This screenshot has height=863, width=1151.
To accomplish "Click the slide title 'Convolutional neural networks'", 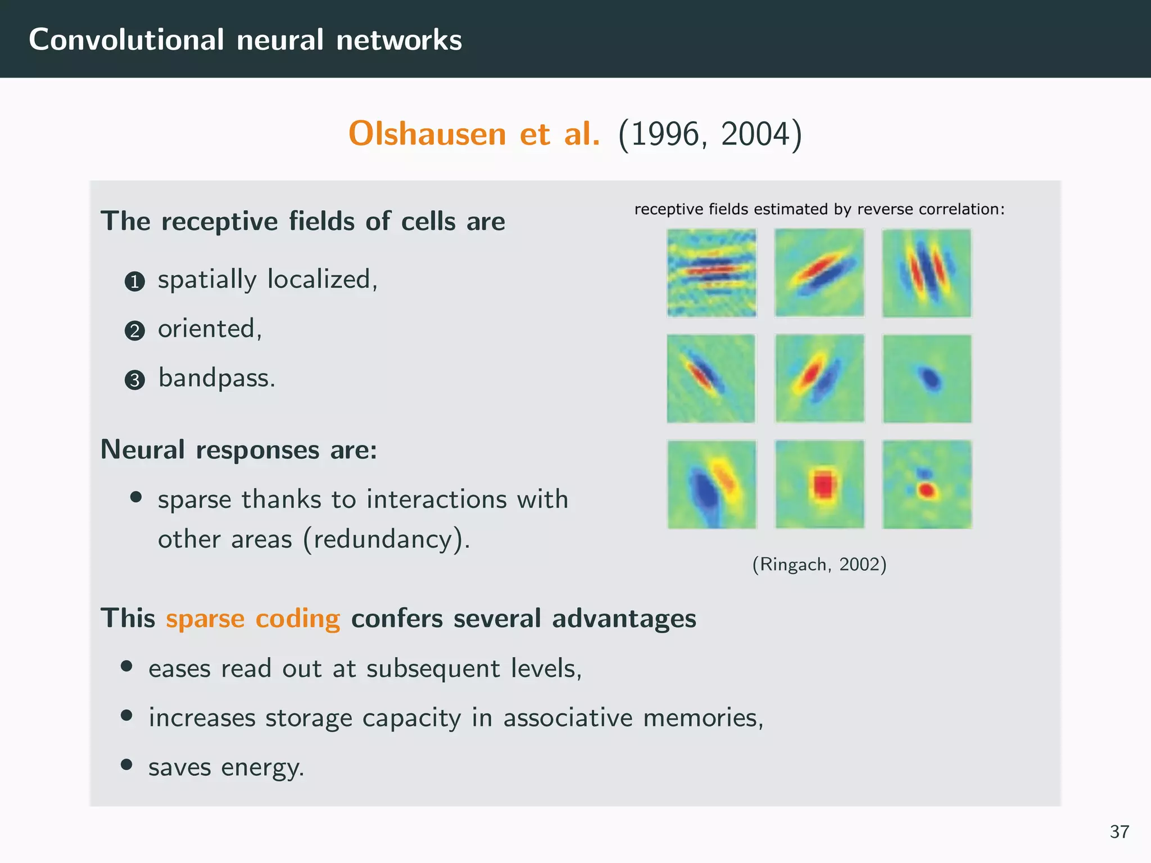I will coord(245,40).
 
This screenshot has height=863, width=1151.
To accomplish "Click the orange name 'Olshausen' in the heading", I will coord(427,134).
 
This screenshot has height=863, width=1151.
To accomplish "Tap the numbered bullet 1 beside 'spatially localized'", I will coord(134,281).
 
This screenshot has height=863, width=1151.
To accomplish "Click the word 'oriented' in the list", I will coord(206,329).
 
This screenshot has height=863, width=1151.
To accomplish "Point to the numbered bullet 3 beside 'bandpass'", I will coord(134,380).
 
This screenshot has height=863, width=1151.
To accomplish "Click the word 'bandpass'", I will coord(216,378).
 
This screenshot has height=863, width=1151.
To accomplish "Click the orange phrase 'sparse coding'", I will coord(253,619).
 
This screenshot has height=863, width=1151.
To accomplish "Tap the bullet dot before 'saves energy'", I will coord(126,765).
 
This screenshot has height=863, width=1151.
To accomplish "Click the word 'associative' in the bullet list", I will coord(568,718).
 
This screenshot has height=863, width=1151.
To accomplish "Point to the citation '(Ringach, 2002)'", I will coord(819,564).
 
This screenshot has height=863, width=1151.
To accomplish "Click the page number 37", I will coord(1119,832).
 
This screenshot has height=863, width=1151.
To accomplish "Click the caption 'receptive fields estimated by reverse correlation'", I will coord(819,210).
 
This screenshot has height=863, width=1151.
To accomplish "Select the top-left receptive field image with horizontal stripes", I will coord(712,273).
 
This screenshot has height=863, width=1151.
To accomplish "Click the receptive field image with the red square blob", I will coord(819,484).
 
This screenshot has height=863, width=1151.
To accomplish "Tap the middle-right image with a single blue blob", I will coord(927,379).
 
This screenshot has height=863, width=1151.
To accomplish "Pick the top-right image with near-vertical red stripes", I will coord(927,273).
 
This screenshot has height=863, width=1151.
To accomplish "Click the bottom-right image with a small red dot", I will coord(927,484).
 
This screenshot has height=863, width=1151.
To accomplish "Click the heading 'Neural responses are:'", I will coord(239,450).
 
